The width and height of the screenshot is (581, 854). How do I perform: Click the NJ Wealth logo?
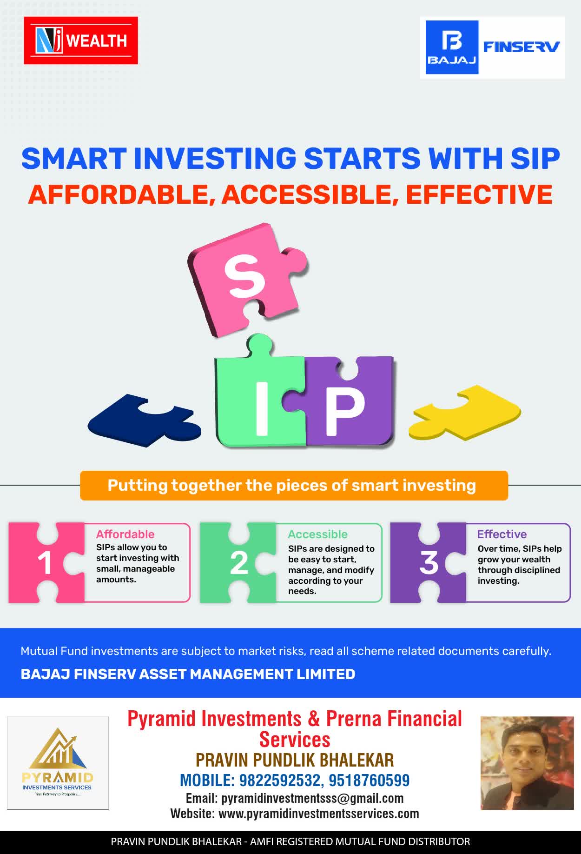(x=81, y=40)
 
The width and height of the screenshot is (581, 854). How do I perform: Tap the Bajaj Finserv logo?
(x=493, y=47)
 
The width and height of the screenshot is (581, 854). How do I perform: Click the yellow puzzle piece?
(x=465, y=412)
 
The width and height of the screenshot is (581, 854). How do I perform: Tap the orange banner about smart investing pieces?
(x=294, y=486)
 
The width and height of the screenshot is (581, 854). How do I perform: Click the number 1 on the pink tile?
(x=45, y=563)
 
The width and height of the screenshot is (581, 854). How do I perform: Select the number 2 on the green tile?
(x=239, y=563)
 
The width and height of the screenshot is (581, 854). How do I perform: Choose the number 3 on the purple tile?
(x=429, y=563)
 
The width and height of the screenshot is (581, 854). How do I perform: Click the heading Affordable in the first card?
(x=125, y=534)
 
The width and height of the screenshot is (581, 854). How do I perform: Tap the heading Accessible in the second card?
(x=317, y=534)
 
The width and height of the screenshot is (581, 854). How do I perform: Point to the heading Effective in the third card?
(x=502, y=534)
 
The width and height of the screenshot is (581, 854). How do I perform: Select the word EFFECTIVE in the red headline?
(x=479, y=194)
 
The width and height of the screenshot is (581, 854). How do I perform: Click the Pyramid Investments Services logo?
(x=58, y=763)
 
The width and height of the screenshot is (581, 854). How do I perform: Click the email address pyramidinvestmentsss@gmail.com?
(x=312, y=798)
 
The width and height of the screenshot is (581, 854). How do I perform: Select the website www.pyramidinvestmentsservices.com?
(x=319, y=814)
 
